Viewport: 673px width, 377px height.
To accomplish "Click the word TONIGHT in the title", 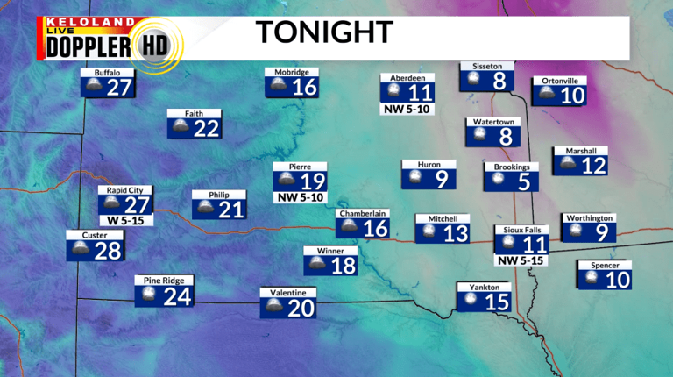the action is (323, 32).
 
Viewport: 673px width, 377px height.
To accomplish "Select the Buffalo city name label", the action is (107, 72).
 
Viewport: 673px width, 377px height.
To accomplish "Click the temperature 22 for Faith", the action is (206, 129).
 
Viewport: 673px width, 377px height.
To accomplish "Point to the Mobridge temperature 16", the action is (304, 87).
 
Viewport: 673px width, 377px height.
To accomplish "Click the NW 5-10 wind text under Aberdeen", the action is (407, 110).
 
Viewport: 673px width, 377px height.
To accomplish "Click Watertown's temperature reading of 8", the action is (505, 136).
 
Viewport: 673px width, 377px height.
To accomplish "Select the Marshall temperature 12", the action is (593, 165).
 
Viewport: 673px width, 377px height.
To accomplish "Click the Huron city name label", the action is (429, 164).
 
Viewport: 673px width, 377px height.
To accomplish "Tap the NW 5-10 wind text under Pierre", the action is (301, 198).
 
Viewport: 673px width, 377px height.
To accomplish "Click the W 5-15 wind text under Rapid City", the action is (125, 220).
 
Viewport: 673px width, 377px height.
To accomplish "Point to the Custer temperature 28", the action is (107, 251).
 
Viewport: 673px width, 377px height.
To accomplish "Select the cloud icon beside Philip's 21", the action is (205, 209).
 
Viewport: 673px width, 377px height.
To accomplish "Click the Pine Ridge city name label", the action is (164, 281).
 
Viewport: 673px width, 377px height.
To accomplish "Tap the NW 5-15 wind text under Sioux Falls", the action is (521, 260).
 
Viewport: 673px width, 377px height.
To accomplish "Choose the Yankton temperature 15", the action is (497, 302).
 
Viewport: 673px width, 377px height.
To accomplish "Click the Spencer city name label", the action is (605, 265).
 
